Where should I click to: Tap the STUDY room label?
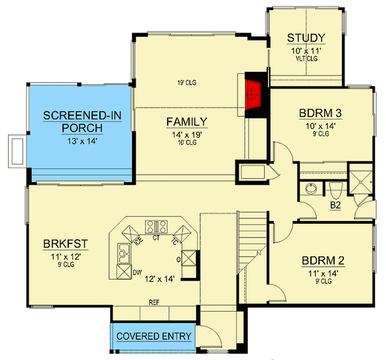[306, 38]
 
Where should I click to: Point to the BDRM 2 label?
[323, 261]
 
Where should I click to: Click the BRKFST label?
[65, 244]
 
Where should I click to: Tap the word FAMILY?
[186, 122]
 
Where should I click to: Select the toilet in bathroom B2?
[335, 189]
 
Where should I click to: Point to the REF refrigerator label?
[155, 302]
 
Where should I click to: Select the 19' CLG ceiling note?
[186, 83]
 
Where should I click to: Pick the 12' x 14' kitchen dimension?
[160, 278]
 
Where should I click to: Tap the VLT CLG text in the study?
[306, 59]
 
